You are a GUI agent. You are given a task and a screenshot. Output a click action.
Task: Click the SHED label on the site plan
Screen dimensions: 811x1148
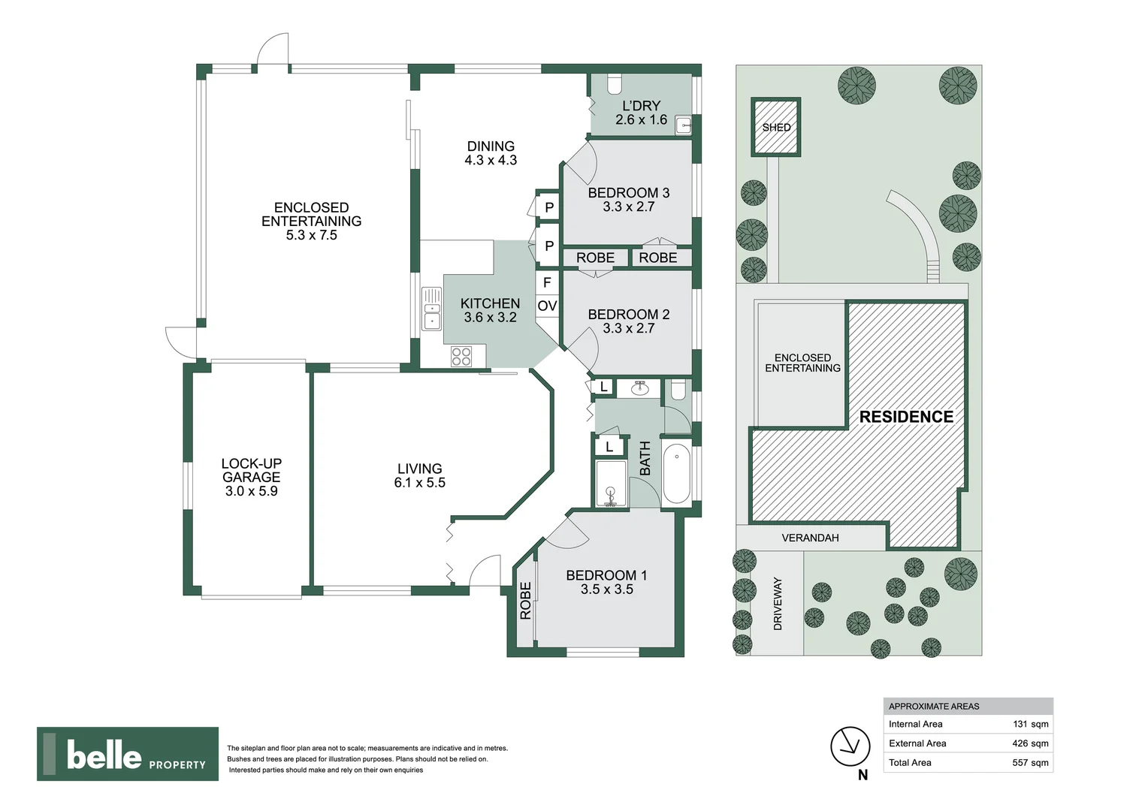point(776,128)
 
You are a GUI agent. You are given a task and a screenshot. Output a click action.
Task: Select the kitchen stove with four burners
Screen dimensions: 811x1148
point(461,356)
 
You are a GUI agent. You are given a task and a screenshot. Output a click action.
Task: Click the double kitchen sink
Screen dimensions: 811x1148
point(432,308)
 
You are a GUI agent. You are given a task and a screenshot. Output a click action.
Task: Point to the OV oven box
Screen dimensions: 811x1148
point(547,306)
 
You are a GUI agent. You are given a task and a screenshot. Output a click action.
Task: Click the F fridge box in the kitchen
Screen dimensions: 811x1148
point(547,282)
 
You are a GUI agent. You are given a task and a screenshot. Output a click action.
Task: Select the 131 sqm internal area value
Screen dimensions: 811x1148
point(1030,725)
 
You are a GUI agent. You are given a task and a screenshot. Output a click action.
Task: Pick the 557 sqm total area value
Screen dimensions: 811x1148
point(1030,763)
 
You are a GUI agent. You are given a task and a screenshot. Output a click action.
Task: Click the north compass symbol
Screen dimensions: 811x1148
point(850,746)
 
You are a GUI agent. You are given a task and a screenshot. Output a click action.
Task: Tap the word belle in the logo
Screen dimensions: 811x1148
point(104,755)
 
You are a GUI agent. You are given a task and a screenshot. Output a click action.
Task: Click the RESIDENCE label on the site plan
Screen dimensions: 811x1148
point(906,417)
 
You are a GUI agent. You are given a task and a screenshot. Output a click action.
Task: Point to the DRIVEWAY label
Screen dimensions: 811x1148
point(778,604)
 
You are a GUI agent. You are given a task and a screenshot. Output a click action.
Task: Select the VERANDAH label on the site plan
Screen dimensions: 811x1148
point(810,538)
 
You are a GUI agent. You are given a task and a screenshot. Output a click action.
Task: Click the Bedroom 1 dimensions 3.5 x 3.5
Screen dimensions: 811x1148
point(606,590)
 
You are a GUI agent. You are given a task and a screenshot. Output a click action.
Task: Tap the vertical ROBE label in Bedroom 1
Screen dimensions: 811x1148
point(525,601)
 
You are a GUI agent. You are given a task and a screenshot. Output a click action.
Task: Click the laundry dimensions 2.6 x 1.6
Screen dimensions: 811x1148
point(641,120)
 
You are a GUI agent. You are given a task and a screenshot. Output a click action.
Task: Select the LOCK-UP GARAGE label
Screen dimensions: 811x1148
point(251,470)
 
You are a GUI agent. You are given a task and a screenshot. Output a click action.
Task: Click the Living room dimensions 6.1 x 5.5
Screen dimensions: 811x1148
point(419,483)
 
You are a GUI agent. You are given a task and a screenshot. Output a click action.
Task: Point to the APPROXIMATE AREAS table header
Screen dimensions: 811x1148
point(934,707)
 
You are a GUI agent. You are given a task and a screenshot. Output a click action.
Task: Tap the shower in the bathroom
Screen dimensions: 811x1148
point(610,484)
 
